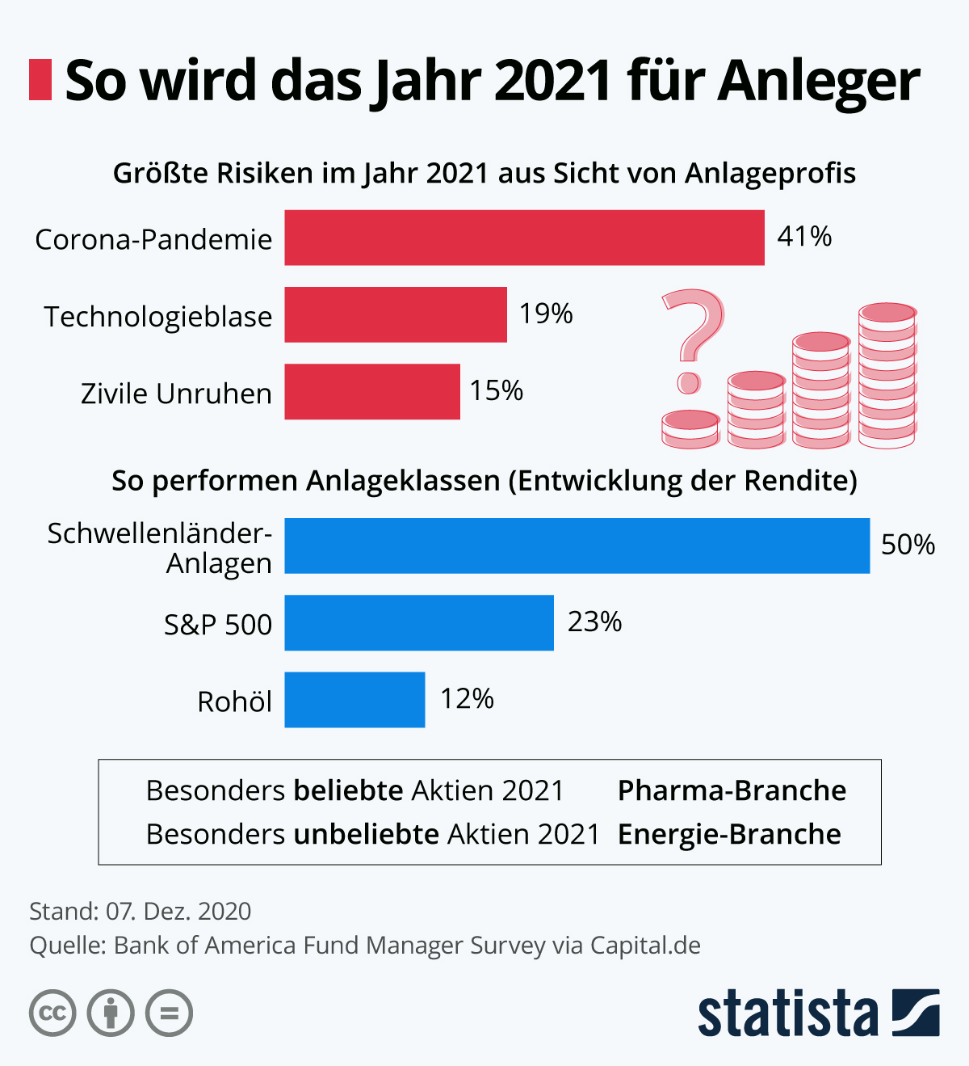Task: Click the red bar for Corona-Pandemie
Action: (x=524, y=238)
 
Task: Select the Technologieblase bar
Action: (x=396, y=314)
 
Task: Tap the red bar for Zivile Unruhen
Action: (x=372, y=392)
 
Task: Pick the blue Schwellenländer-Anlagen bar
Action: (x=577, y=546)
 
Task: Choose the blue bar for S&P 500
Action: (x=419, y=623)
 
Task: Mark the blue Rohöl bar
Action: (x=354, y=700)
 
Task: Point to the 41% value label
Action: (x=804, y=236)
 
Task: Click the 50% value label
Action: (x=908, y=545)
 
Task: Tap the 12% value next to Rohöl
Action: (x=467, y=698)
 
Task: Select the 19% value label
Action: (x=546, y=314)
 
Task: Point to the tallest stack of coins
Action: (x=887, y=376)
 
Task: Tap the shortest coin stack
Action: (x=690, y=429)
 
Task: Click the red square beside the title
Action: (x=40, y=80)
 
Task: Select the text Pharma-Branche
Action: (x=732, y=790)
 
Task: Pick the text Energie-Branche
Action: (x=729, y=834)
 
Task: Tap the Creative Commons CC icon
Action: (x=52, y=1013)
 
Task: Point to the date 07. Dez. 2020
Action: (x=178, y=912)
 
